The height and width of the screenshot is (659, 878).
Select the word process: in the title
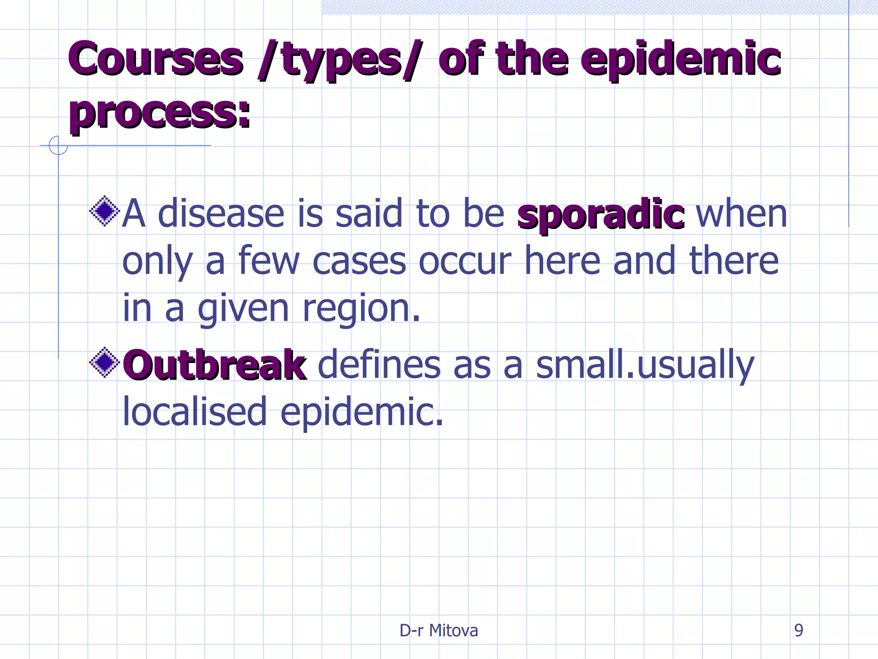click(160, 112)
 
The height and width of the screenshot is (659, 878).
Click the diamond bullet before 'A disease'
click(104, 211)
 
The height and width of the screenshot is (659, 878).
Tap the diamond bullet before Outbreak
click(104, 363)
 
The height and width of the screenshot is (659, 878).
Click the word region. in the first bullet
click(361, 308)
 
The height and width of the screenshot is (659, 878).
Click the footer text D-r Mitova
click(439, 630)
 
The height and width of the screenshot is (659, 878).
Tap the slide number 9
click(798, 630)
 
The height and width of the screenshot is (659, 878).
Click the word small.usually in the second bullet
click(645, 366)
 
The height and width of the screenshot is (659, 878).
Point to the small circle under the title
click(58, 145)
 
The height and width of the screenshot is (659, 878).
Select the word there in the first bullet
click(734, 260)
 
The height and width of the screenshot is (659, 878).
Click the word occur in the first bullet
click(465, 261)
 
